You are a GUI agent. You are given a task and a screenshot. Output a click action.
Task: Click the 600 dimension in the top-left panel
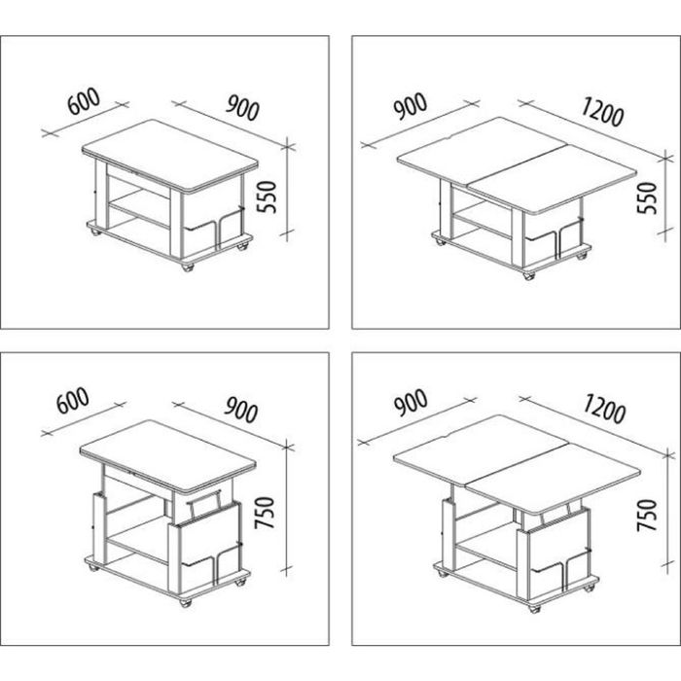pyautogui.click(x=84, y=101)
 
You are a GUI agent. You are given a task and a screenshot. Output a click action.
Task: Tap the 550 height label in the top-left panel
pyautogui.click(x=267, y=197)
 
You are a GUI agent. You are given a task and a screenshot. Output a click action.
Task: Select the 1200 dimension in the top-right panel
pyautogui.click(x=602, y=112)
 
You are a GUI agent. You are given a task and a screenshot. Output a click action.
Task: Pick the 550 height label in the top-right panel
pyautogui.click(x=647, y=197)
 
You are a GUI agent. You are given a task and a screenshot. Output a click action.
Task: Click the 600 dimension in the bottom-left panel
pyautogui.click(x=73, y=401)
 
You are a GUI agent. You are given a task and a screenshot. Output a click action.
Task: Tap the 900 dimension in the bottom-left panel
pyautogui.click(x=241, y=410)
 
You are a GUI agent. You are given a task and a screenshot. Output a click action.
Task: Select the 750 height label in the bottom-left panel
pyautogui.click(x=265, y=513)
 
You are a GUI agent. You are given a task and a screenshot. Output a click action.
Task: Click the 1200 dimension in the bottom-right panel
pyautogui.click(x=604, y=409)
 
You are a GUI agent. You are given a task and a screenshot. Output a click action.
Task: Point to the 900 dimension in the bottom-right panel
pyautogui.click(x=411, y=404)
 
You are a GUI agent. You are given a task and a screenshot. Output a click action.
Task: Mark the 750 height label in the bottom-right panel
pyautogui.click(x=647, y=515)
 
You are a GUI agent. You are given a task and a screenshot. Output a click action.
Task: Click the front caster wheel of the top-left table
pyautogui.click(x=187, y=267)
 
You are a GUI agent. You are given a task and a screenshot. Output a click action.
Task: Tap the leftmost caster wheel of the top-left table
pyautogui.click(x=94, y=232)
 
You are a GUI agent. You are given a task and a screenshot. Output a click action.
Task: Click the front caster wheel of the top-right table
pyautogui.click(x=528, y=275)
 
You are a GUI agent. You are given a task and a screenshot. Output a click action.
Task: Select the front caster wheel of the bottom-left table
pyautogui.click(x=186, y=602)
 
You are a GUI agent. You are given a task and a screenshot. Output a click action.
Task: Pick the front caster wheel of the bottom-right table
pyautogui.click(x=534, y=608)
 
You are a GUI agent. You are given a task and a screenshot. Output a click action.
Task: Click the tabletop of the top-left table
pyautogui.click(x=170, y=156)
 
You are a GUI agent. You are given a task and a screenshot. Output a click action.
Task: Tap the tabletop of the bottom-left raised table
pyautogui.click(x=168, y=457)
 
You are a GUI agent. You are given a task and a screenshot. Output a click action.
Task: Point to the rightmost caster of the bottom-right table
pyautogui.click(x=590, y=588)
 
